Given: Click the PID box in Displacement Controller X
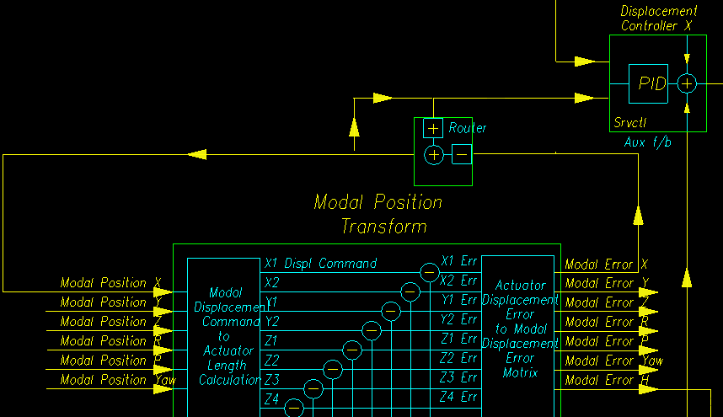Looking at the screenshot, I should [x=648, y=83].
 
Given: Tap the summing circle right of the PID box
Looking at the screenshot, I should [x=688, y=83].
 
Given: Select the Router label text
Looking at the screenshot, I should [x=467, y=128].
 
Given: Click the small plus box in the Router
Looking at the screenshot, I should [x=432, y=129].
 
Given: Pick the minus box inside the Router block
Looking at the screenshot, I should [x=462, y=154].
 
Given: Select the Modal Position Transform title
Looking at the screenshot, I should [x=378, y=214].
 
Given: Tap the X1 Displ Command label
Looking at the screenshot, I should [x=320, y=264].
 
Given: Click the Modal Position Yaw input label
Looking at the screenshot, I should [x=115, y=380].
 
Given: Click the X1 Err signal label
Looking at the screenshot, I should [x=459, y=261].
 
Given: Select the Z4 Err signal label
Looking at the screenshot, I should [x=459, y=397].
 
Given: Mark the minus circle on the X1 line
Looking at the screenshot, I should [x=430, y=272].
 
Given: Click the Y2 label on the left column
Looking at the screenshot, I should [x=272, y=321].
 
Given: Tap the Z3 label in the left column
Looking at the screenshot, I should [x=272, y=379].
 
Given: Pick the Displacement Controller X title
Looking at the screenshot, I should [x=659, y=19].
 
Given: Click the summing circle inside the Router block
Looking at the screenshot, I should [x=433, y=155].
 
